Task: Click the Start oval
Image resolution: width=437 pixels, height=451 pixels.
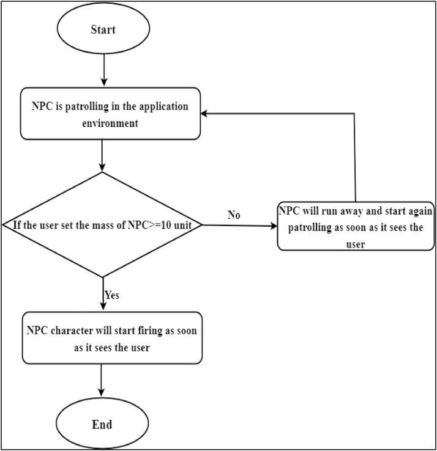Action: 103,30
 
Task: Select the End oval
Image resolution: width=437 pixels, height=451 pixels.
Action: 102,424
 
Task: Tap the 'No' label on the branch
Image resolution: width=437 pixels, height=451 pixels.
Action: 233,215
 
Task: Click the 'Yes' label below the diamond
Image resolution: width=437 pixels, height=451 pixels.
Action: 111,295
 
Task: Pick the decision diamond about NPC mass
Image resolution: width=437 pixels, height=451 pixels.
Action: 102,225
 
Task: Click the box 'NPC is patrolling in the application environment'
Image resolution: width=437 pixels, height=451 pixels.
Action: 111,114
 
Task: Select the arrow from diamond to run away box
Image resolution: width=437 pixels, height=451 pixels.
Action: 239,226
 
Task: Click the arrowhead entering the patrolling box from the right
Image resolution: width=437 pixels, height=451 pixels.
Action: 207,114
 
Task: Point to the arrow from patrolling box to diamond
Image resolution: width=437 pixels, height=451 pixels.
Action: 102,155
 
